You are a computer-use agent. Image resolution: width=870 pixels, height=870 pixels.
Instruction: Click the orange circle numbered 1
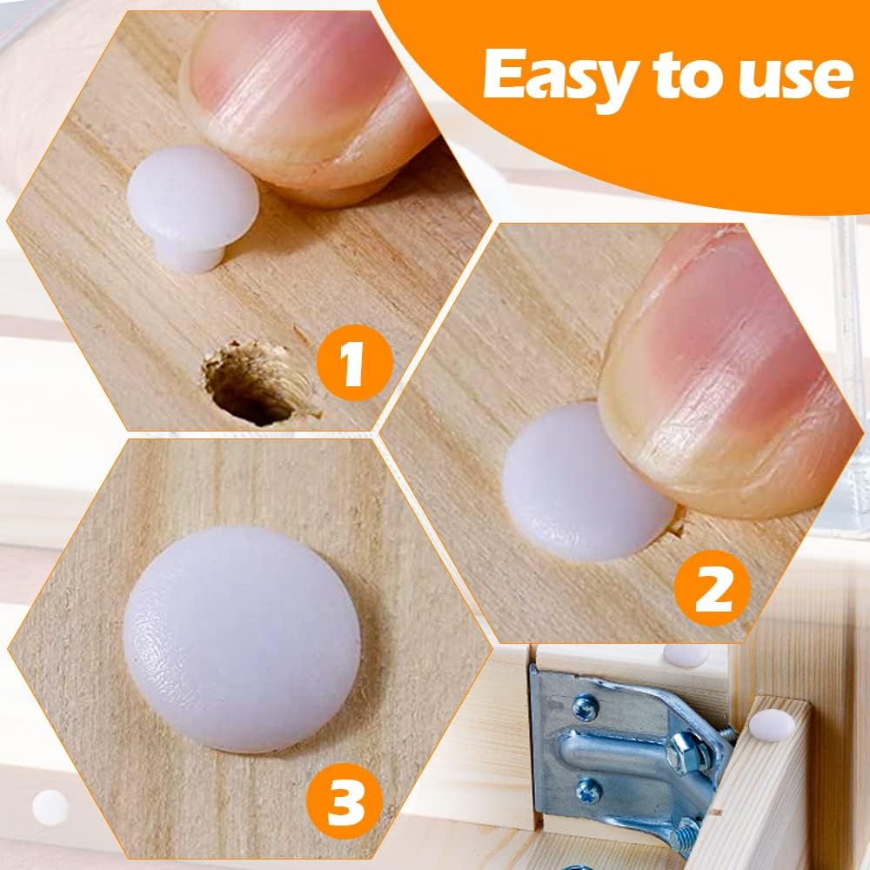tap(355, 365)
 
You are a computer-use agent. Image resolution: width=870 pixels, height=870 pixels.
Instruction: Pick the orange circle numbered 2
tap(713, 587)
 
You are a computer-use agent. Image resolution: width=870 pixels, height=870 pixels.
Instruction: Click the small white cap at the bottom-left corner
tap(50, 807)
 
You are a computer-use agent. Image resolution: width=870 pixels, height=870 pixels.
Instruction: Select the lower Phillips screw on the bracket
tap(589, 790)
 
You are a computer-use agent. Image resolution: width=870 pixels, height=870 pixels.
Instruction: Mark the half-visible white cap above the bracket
tap(686, 655)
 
